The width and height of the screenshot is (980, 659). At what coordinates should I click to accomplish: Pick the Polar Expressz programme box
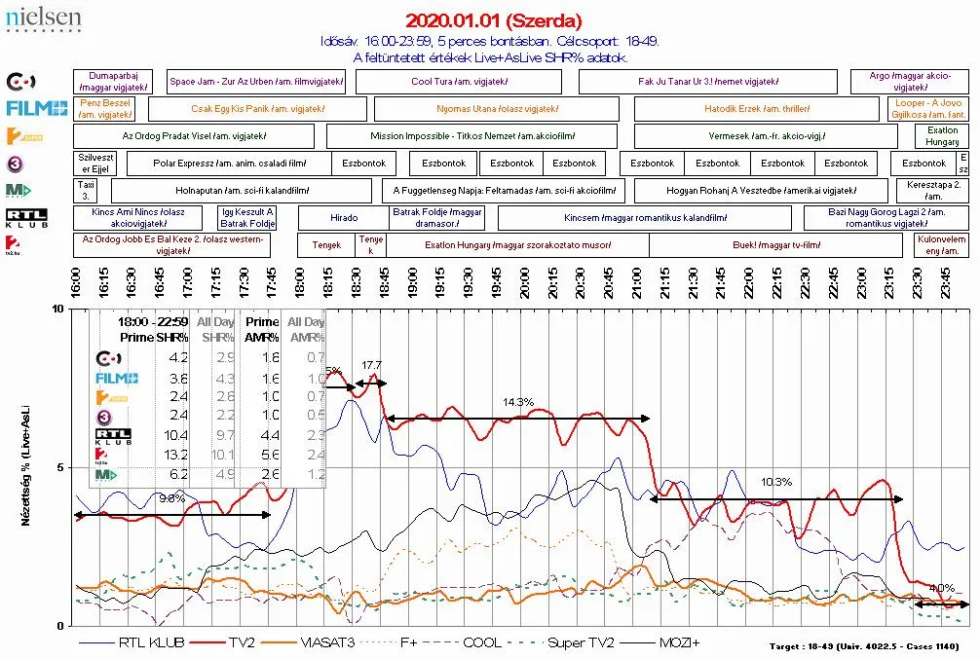pos(229,164)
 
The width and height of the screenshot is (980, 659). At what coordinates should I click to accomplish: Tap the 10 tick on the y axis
pos(57,309)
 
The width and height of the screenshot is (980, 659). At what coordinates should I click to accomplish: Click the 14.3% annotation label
pos(518,402)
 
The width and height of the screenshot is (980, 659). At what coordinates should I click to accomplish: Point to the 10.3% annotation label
pos(776,482)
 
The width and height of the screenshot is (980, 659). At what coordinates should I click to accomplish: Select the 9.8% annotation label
pos(171,498)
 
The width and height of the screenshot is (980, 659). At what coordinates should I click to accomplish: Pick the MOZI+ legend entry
pos(680,642)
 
